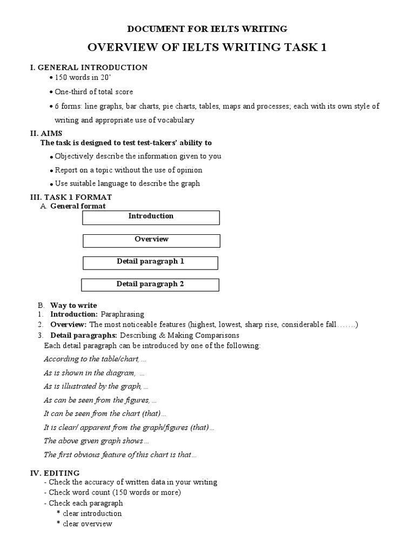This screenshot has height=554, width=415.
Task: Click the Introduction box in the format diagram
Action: (x=151, y=217)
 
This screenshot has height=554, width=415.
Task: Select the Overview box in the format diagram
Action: (x=151, y=240)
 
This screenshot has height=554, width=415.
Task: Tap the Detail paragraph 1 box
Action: (x=150, y=262)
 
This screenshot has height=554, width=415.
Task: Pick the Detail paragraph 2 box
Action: (x=150, y=285)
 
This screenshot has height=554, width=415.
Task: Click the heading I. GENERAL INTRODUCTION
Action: (x=89, y=68)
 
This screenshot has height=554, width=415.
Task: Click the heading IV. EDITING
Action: (x=55, y=473)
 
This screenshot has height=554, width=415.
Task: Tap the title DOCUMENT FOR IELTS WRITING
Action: (x=207, y=29)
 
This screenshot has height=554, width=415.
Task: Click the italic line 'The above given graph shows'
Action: (x=92, y=441)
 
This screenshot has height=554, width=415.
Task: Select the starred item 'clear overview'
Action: (x=86, y=524)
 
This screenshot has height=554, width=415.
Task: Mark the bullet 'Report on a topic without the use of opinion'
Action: (x=129, y=170)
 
